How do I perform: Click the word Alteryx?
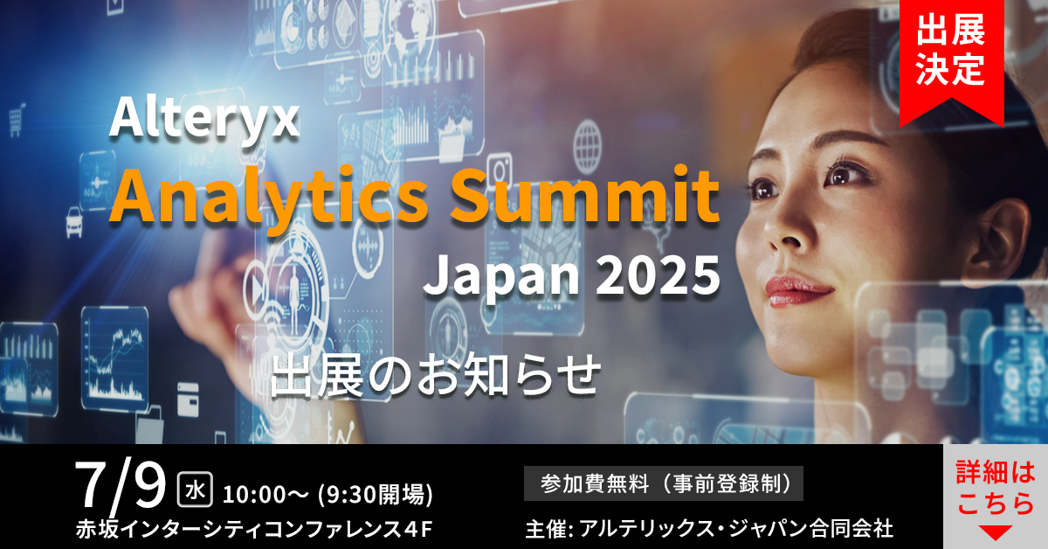[204, 119]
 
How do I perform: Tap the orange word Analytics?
[269, 197]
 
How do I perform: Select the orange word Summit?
[585, 194]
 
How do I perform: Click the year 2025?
[658, 276]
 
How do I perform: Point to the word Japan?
[501, 279]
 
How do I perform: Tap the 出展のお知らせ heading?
[436, 376]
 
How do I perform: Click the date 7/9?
[121, 486]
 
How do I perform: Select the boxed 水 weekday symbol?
[195, 490]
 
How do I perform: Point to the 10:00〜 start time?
[265, 494]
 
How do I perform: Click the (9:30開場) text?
[376, 494]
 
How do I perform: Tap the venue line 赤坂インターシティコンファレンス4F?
[254, 529]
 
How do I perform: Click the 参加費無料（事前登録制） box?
[664, 483]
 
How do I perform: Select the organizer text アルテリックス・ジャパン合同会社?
[736, 529]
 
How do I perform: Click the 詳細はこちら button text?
[995, 488]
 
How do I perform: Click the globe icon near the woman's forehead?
[587, 147]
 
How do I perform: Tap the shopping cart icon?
[17, 120]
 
